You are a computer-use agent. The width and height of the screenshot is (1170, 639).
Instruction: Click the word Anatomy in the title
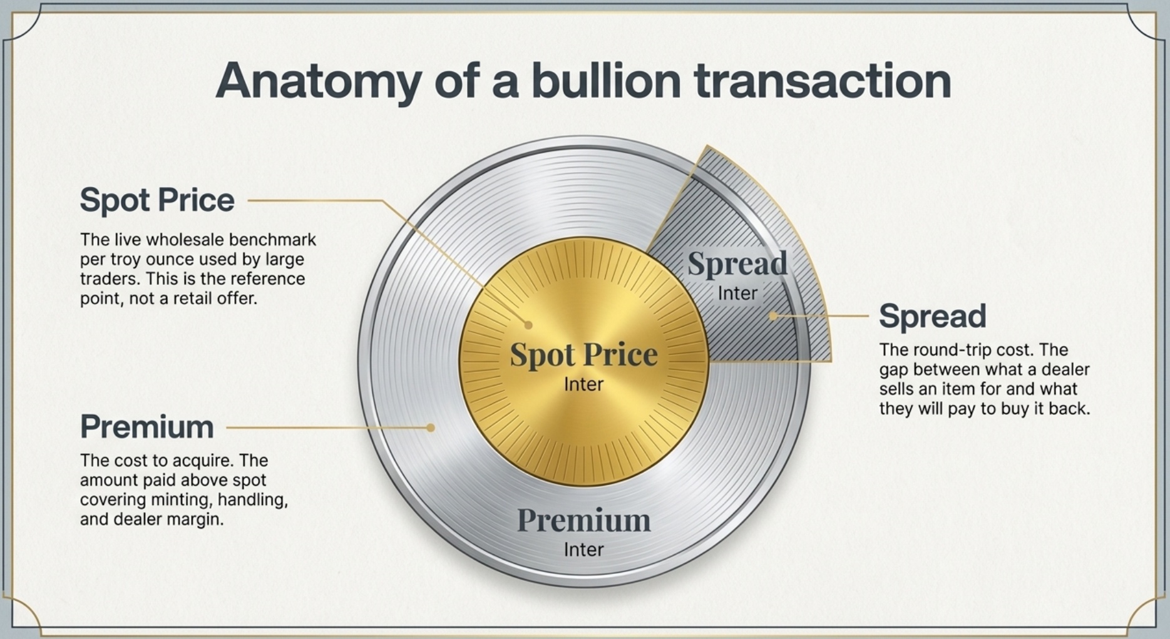[x=318, y=81]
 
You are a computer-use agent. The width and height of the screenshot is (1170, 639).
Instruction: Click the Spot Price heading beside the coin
[x=157, y=200]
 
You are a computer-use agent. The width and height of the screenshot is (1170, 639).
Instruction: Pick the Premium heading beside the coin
[x=147, y=427]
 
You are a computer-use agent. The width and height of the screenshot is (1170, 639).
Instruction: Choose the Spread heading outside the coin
[x=932, y=316]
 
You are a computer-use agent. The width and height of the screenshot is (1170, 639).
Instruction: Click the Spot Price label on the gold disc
[x=583, y=355]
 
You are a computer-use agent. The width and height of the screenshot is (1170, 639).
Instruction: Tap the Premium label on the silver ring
[x=583, y=521]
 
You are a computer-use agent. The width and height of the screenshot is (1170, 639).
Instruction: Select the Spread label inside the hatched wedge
[x=737, y=264]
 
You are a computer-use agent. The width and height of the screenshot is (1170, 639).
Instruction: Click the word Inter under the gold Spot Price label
[x=583, y=384]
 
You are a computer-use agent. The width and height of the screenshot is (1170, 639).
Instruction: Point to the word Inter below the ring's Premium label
[x=583, y=550]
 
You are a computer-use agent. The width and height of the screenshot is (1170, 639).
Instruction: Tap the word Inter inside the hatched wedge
[x=737, y=293]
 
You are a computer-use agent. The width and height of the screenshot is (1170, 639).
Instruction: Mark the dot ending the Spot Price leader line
[x=528, y=325]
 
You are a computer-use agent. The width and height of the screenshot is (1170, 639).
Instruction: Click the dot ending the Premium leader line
[x=431, y=427]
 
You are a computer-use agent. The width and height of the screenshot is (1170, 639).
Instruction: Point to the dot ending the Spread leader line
[x=773, y=316]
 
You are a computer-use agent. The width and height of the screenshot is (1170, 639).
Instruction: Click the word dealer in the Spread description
[x=1066, y=369]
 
